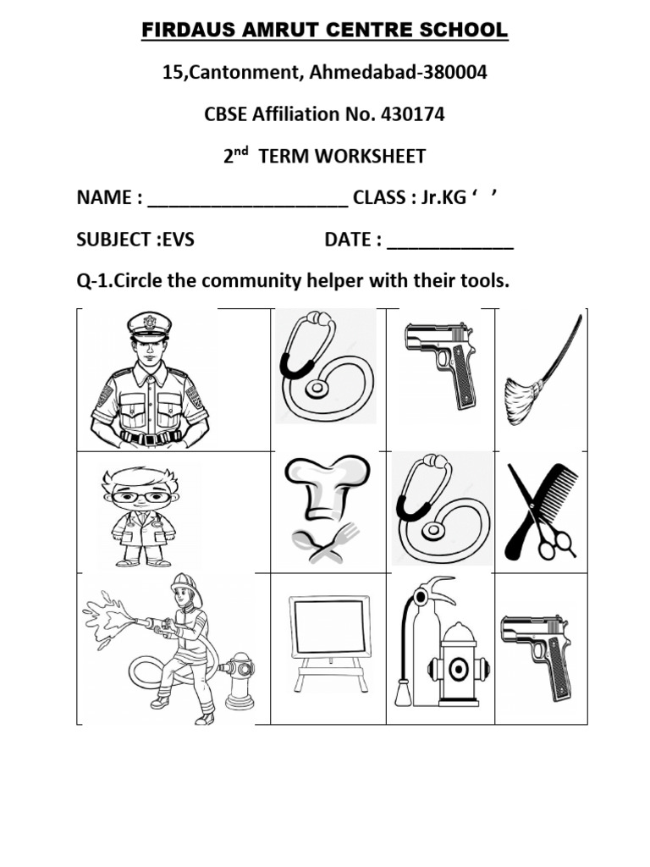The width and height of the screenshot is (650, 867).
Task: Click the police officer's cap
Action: (x=149, y=325)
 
